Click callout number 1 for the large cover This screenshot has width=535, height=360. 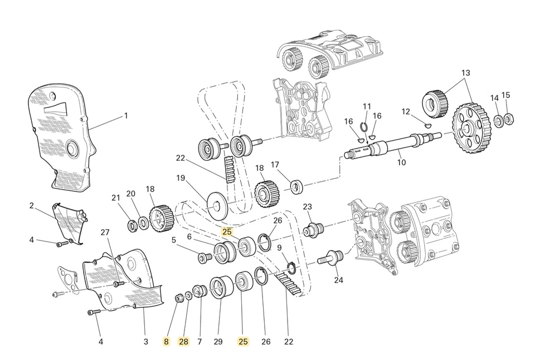[x=126, y=116]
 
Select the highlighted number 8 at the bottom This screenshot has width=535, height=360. [x=166, y=342]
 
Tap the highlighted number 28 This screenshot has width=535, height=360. [x=184, y=342]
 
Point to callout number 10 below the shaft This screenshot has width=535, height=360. [x=401, y=162]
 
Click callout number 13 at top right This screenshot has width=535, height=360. [x=466, y=73]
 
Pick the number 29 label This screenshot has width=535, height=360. [x=218, y=342]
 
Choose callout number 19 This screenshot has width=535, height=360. [x=181, y=178]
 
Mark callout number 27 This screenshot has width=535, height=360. [x=105, y=232]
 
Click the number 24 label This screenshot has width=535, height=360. [x=339, y=280]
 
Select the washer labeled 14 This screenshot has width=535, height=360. [x=498, y=121]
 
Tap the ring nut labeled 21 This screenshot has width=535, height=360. [x=133, y=225]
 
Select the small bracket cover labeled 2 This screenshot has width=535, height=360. [x=70, y=223]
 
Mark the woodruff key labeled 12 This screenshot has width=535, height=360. [x=428, y=126]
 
